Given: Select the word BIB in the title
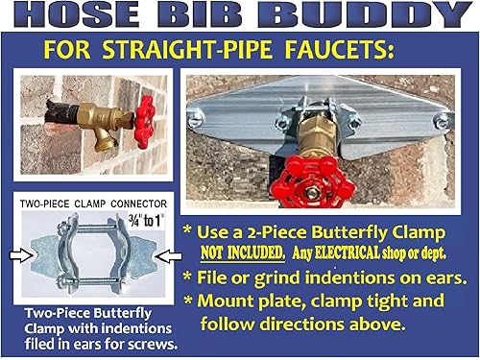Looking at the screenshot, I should tap(203, 15).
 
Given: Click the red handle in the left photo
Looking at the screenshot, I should tap(143, 121).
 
